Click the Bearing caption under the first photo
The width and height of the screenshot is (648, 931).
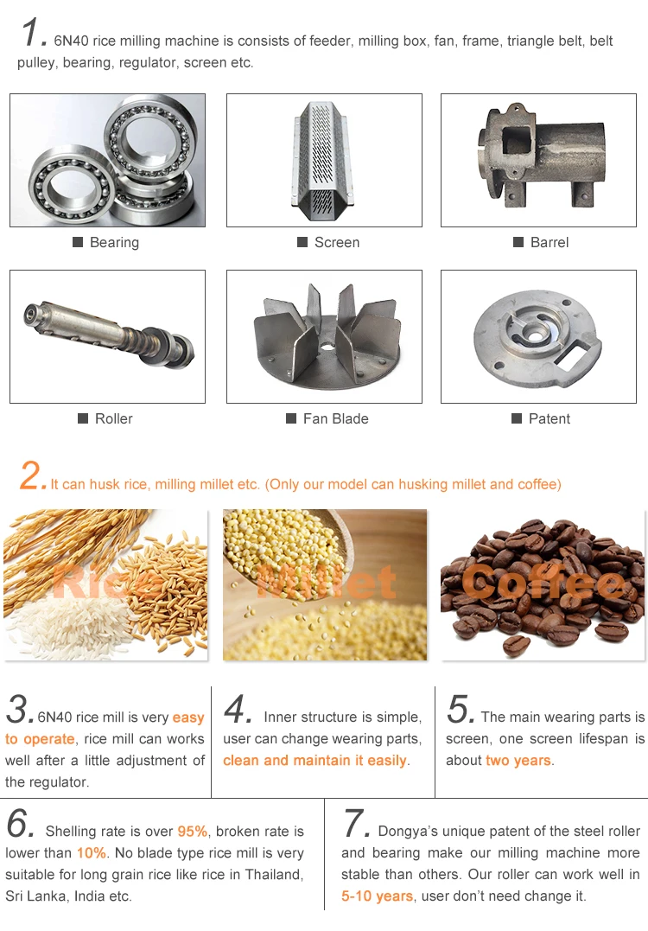114,242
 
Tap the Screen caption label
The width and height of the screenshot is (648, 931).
336,242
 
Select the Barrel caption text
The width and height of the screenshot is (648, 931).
550,242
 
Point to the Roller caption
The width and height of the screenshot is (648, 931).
113,418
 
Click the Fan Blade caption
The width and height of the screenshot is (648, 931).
335,418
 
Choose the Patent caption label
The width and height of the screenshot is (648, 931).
549,418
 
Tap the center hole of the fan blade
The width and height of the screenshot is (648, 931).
325,345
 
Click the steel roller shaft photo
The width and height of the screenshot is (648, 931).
109,335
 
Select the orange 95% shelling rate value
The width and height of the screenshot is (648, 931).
193,832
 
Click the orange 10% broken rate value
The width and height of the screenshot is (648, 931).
92,853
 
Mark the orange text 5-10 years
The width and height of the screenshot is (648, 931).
377,896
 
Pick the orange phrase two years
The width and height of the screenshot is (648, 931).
518,761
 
